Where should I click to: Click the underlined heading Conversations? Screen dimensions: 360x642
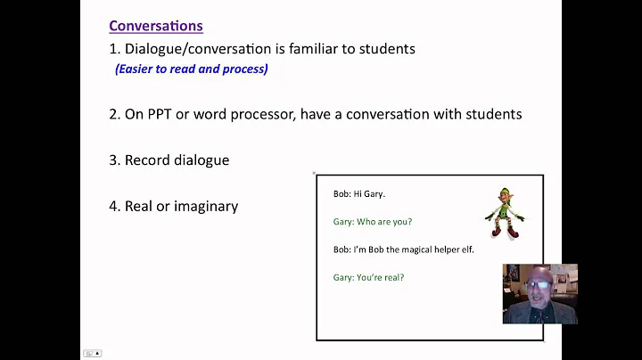pos(155,26)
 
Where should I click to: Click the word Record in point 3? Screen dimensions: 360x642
pos(147,160)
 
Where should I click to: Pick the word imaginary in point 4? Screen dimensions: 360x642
pos(204,206)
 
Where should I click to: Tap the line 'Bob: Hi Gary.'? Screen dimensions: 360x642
pos(359,193)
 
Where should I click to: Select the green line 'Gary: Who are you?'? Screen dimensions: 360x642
pos(373,222)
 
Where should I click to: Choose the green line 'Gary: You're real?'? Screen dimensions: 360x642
pos(368,277)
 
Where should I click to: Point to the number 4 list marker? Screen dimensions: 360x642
pos(113,206)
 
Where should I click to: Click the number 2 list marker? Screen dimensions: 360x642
pos(113,114)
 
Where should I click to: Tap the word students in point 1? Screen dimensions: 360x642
pos(388,48)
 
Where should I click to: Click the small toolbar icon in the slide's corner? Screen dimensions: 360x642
pos(92,353)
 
